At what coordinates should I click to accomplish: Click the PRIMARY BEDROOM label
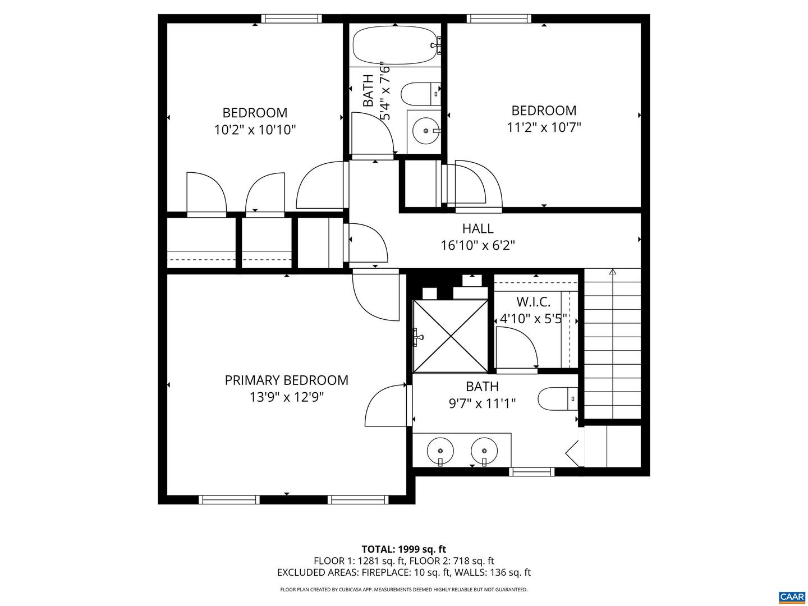(286, 380)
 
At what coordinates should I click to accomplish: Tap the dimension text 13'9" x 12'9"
(287, 397)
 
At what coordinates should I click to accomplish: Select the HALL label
(478, 228)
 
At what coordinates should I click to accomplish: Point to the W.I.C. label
(533, 302)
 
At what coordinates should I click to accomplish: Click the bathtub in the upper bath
(395, 45)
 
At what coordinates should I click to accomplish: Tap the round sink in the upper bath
(425, 131)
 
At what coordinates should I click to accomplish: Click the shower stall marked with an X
(451, 336)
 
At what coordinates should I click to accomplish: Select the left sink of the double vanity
(440, 450)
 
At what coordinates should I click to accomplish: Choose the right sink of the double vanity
(484, 450)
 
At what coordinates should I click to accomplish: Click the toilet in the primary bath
(557, 398)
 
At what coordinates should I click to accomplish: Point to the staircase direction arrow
(612, 273)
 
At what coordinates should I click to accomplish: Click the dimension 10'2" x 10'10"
(255, 130)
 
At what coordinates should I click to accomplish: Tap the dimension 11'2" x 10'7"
(544, 127)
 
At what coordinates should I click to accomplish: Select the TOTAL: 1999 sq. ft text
(403, 549)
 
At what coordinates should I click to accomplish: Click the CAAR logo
(791, 596)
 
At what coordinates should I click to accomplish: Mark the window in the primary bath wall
(531, 472)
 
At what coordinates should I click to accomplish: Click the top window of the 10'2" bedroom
(292, 19)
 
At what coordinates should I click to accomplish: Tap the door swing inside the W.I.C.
(516, 348)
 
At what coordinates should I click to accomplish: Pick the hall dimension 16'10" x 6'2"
(478, 245)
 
